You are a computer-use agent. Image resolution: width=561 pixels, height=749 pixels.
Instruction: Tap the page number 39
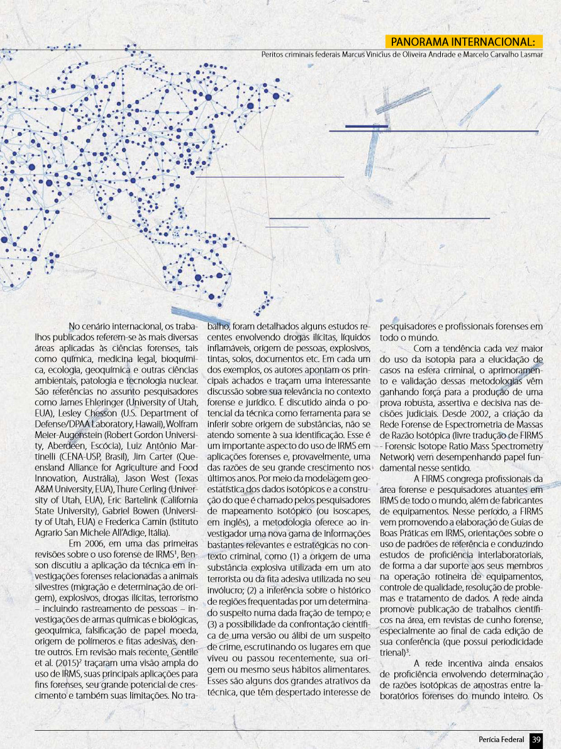tap(536, 738)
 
